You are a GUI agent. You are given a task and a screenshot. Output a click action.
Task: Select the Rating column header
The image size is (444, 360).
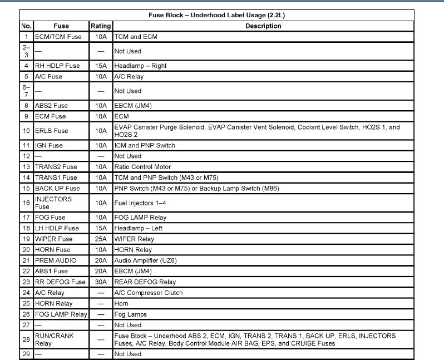click(x=101, y=26)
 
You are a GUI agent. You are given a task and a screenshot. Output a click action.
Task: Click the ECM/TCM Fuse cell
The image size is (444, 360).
click(x=58, y=37)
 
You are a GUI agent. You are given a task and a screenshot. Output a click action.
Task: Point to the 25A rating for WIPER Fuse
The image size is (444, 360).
click(x=101, y=239)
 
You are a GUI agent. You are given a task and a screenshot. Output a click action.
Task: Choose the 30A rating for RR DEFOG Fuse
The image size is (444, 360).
click(x=101, y=282)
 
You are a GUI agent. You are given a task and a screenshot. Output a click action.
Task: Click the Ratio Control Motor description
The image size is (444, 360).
click(x=142, y=167)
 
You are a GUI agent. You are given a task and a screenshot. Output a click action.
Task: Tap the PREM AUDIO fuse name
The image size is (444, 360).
click(x=56, y=260)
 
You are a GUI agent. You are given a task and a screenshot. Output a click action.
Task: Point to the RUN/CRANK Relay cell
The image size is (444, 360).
click(x=54, y=339)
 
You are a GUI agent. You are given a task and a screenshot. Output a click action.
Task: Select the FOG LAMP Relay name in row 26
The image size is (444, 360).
click(x=61, y=314)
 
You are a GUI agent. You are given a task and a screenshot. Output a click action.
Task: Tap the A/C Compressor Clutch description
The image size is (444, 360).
click(x=148, y=293)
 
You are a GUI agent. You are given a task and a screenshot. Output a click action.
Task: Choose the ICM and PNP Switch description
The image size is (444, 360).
click(x=144, y=145)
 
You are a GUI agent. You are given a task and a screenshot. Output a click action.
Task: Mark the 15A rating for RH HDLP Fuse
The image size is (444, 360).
click(x=101, y=66)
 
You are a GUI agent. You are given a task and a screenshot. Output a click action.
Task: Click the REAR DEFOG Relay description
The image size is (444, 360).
click(x=145, y=282)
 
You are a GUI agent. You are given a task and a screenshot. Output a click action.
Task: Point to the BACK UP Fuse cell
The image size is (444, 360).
click(x=57, y=189)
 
